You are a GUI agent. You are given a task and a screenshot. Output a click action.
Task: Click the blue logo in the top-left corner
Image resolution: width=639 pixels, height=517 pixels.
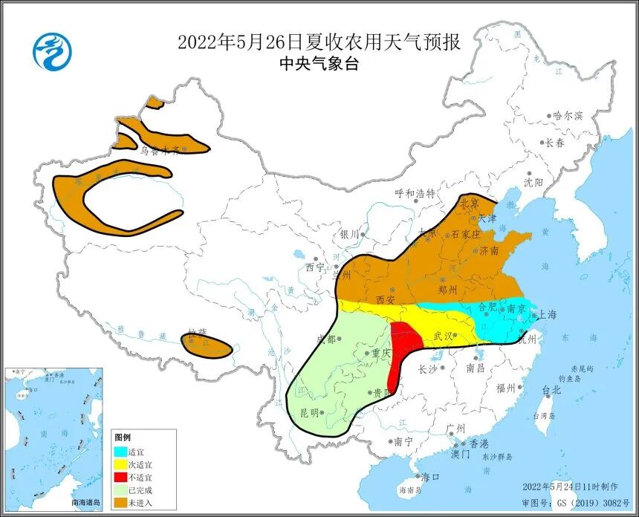pos(53,52)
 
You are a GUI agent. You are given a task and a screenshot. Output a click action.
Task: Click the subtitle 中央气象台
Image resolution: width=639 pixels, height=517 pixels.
pos(319,65)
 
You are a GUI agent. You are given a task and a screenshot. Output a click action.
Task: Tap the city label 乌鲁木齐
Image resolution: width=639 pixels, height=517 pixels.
pos(160,149)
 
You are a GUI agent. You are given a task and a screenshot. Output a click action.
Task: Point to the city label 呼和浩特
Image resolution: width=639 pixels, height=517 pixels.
pos(415,193)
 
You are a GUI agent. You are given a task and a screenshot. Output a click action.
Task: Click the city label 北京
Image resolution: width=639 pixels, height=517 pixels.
pos(470,202)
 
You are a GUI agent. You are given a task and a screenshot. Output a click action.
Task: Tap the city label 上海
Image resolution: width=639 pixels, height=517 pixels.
pos(547,314)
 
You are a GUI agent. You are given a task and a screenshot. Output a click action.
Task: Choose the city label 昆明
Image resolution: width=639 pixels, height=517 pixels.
pos(310,412)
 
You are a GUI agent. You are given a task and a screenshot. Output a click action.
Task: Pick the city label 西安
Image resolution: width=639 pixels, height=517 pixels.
pos(385,299)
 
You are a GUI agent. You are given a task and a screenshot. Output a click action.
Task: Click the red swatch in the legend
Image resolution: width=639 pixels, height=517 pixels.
pos(120,477)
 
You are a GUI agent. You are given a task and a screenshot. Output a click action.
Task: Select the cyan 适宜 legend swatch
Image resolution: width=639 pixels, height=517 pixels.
pos(120,451)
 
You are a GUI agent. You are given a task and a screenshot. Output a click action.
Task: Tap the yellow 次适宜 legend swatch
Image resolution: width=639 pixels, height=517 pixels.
pos(120,464)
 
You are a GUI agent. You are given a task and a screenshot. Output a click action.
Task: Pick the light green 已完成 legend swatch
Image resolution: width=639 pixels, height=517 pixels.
pos(120,490)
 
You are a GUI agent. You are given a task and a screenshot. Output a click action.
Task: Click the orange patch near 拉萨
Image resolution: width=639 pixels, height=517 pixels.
pos(206,344)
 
